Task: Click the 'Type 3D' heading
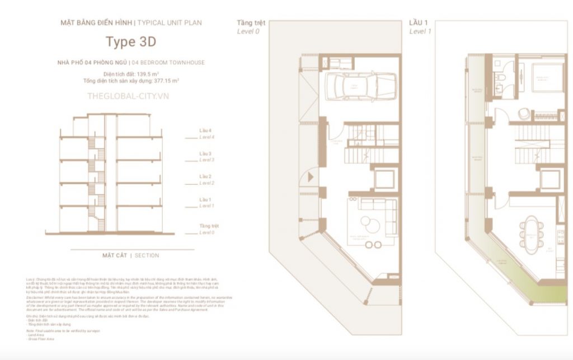click(131, 41)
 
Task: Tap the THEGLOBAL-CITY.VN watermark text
click(128, 96)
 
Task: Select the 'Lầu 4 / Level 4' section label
click(207, 133)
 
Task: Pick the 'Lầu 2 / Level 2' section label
click(207, 179)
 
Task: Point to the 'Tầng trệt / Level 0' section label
click(209, 228)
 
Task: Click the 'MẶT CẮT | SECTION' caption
click(130, 255)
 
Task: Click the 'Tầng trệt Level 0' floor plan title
click(251, 27)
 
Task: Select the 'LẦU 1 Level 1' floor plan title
click(420, 27)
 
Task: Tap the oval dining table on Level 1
click(529, 232)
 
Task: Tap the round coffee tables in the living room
click(367, 224)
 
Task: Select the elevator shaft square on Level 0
click(384, 179)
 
